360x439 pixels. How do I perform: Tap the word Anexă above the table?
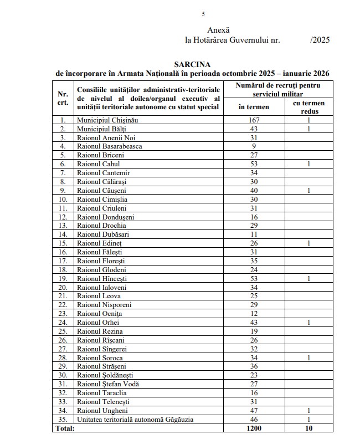tap(218, 29)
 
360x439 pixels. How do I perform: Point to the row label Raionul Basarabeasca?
tap(110, 146)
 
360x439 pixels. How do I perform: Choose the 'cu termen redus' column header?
tap(308, 107)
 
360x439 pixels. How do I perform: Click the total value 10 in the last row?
tap(308, 429)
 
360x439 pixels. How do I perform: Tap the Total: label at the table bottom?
tap(66, 429)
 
